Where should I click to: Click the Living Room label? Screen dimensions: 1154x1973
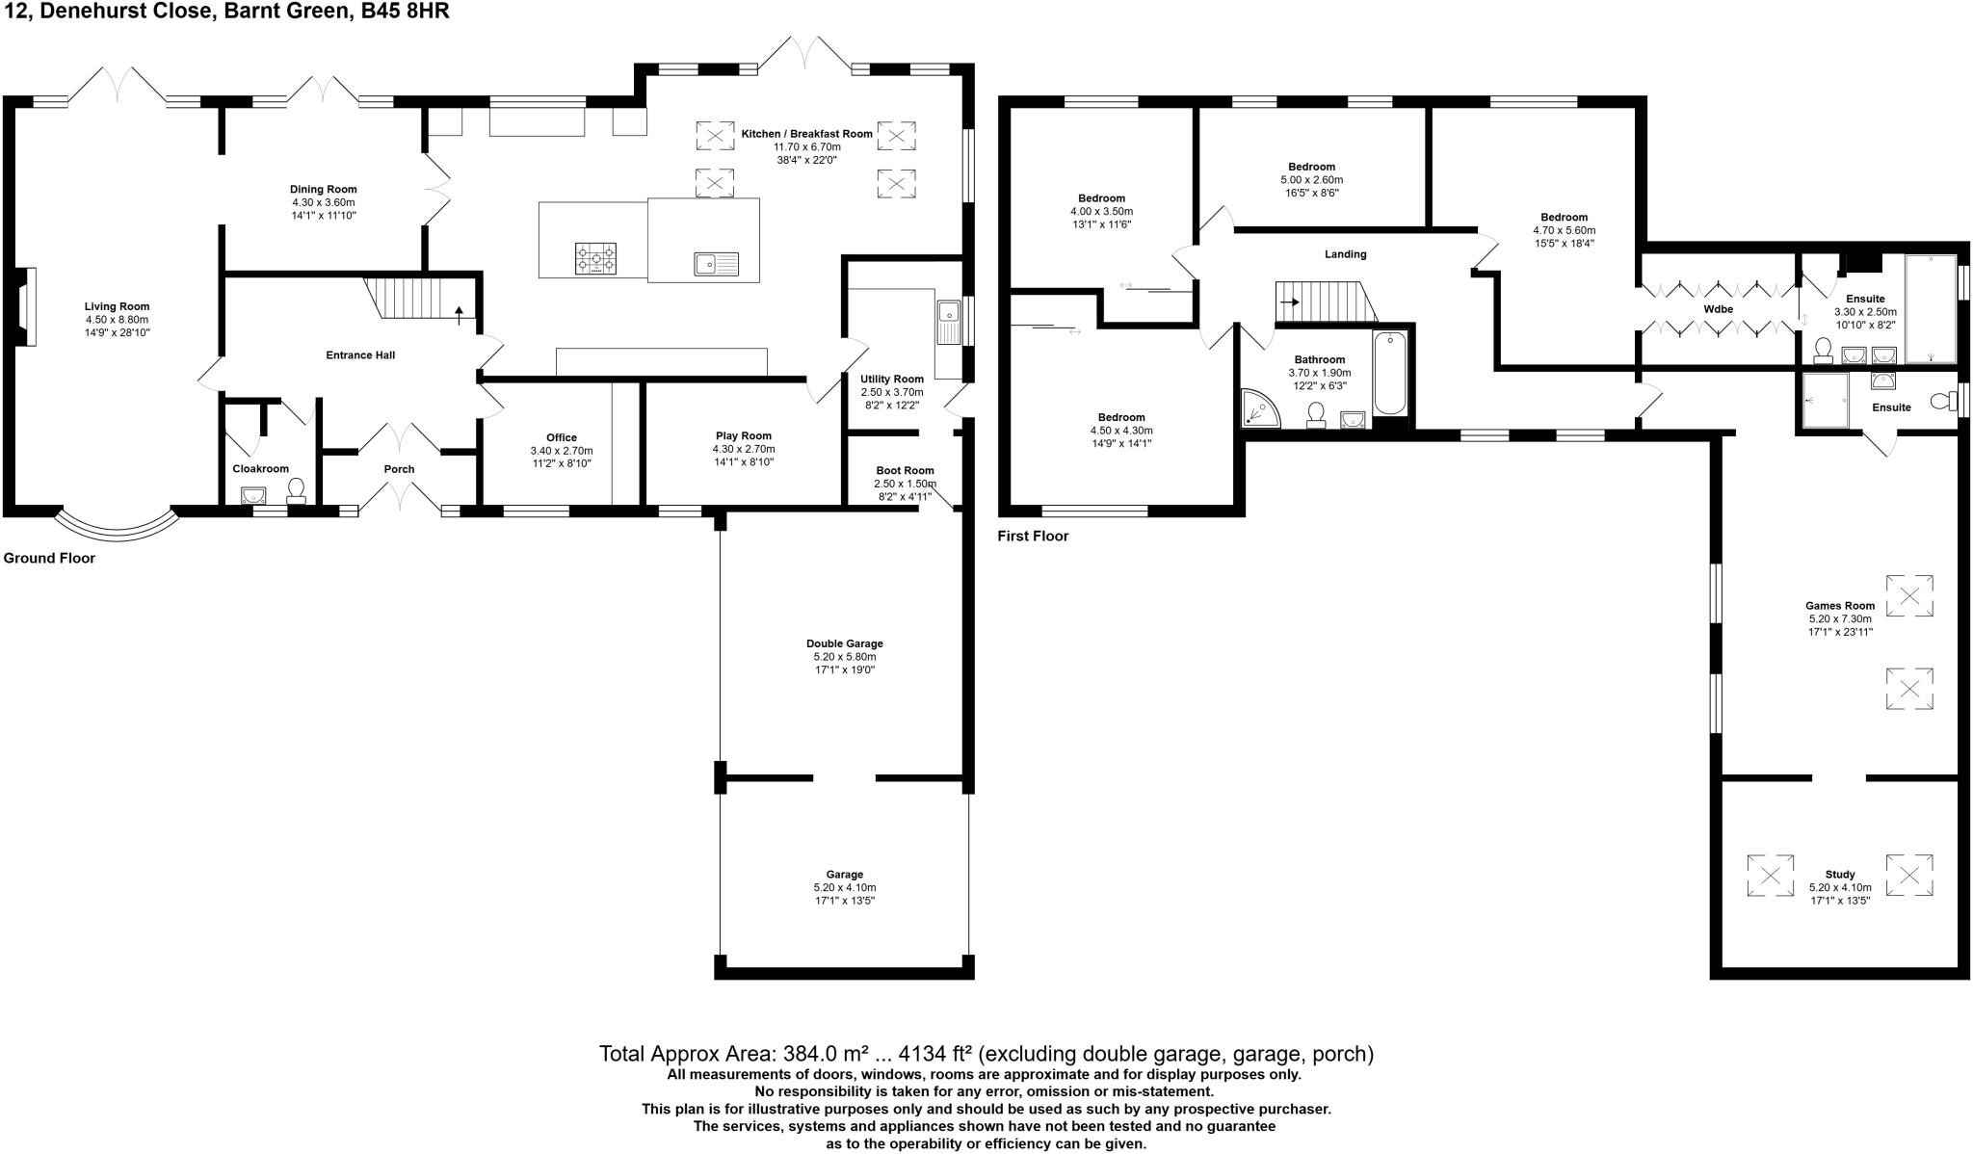(117, 306)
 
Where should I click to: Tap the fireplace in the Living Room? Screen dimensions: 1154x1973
(28, 306)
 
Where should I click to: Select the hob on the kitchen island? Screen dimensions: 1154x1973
(596, 259)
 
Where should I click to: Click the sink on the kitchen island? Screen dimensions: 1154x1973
(716, 263)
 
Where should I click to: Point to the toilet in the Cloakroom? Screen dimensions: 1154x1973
(297, 490)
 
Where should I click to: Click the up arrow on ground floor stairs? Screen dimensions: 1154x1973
(459, 311)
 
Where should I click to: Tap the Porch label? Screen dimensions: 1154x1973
(399, 469)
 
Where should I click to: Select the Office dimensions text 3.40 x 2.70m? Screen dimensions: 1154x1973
(562, 451)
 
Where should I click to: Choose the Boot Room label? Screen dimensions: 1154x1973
(905, 470)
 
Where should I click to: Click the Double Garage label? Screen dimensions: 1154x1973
(844, 643)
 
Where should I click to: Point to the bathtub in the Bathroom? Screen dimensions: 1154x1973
(1389, 373)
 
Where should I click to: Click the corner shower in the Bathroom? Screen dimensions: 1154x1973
(1260, 408)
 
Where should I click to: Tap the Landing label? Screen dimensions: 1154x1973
(1345, 254)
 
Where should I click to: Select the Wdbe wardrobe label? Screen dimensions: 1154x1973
(1719, 309)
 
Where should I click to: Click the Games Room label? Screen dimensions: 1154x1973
(1840, 606)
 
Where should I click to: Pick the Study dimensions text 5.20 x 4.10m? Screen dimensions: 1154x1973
(1840, 888)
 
